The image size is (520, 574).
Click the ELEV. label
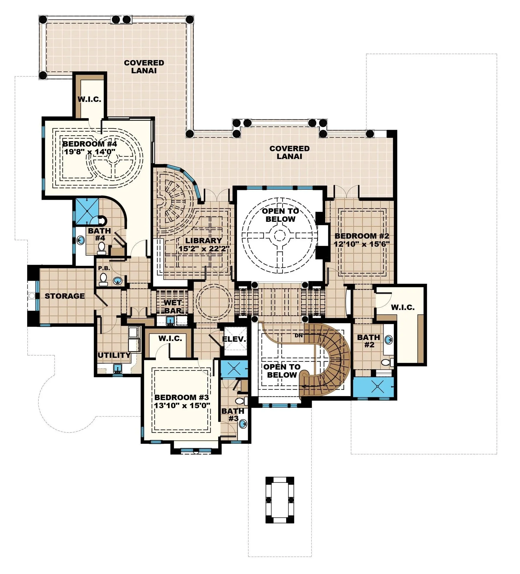click(x=234, y=339)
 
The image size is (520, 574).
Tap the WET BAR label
click(x=173, y=306)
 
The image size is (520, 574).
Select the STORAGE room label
click(x=65, y=296)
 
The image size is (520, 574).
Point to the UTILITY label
click(x=114, y=355)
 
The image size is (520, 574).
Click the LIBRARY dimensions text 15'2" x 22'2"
click(x=204, y=249)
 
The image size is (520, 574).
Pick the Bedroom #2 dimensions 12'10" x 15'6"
click(x=362, y=244)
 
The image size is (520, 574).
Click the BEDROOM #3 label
click(x=181, y=397)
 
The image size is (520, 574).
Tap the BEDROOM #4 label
click(x=90, y=144)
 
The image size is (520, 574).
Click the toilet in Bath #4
click(x=101, y=248)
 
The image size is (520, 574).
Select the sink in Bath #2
click(x=388, y=339)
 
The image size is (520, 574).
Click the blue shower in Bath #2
click(x=373, y=387)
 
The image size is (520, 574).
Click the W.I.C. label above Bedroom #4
click(x=89, y=99)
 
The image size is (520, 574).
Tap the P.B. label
click(x=104, y=268)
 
